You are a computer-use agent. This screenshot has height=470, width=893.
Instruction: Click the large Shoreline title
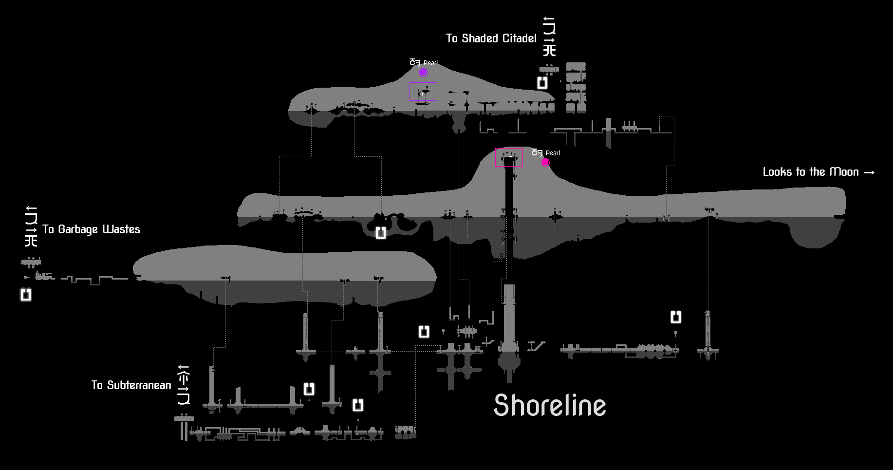click(x=550, y=405)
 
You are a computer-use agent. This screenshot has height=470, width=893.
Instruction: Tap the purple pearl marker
click(x=424, y=73)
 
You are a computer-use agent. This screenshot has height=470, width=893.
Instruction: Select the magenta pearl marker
click(x=545, y=163)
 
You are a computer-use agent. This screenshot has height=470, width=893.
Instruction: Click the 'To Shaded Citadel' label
click(x=491, y=38)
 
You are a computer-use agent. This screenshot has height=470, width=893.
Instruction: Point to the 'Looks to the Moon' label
click(x=811, y=172)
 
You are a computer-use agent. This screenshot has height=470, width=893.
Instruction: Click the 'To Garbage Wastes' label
click(x=91, y=229)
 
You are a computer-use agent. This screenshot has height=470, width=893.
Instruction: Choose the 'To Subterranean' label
click(x=131, y=385)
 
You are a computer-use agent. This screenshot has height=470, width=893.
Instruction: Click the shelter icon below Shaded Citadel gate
click(x=542, y=83)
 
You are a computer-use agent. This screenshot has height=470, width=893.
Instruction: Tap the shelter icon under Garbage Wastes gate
click(x=26, y=295)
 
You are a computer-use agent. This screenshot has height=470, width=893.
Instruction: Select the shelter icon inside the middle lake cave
click(x=380, y=233)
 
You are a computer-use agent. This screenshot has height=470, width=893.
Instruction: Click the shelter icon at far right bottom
click(x=675, y=317)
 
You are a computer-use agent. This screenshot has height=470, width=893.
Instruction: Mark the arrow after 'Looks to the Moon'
click(x=869, y=172)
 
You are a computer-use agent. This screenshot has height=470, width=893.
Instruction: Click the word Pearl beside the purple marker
click(x=430, y=63)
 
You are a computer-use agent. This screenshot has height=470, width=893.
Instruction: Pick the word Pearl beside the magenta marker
click(x=553, y=153)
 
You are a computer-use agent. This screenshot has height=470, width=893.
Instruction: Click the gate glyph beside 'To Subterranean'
click(x=184, y=385)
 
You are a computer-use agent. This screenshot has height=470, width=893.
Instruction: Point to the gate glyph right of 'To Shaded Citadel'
click(x=549, y=36)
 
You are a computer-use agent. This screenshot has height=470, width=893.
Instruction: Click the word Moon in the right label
click(x=844, y=172)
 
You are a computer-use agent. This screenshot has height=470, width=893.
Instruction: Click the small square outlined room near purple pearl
click(x=423, y=92)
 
